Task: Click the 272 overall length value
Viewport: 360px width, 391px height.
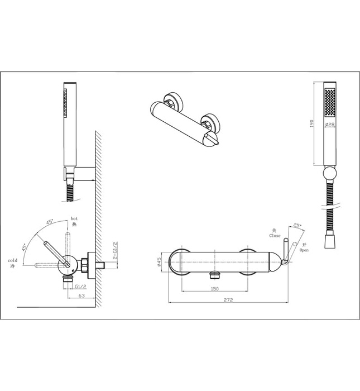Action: tap(227, 301)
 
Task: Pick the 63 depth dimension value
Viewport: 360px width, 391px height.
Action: tap(81, 296)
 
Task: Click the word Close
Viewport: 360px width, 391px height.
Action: tap(275, 236)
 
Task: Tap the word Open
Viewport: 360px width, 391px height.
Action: tap(304, 250)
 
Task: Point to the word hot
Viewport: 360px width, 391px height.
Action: tap(73, 218)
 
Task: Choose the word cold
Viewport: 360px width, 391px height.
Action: tap(12, 260)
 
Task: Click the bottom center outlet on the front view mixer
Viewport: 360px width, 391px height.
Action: tap(214, 274)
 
